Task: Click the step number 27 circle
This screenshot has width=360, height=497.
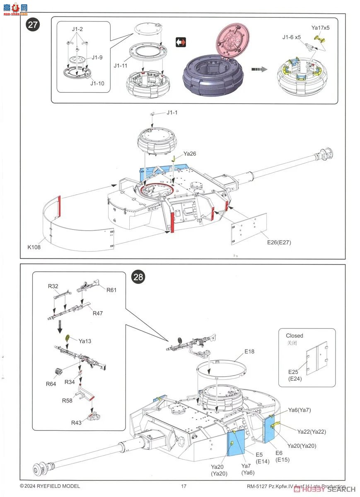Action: point(33,24)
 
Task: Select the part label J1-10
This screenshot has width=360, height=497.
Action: point(97,83)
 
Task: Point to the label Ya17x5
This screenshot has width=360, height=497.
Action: point(320,28)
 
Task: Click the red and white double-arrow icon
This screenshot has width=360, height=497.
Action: point(181,42)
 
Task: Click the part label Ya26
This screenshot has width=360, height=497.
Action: point(189,154)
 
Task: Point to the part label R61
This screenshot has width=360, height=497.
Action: point(111,290)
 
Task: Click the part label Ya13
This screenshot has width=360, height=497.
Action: point(85,341)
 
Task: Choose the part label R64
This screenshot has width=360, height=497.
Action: point(51,384)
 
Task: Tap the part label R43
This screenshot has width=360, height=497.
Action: point(76,422)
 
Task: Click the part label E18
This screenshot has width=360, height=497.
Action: point(249,351)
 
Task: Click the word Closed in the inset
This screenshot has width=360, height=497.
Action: point(294,335)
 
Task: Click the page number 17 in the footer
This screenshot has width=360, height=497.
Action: point(184,486)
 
